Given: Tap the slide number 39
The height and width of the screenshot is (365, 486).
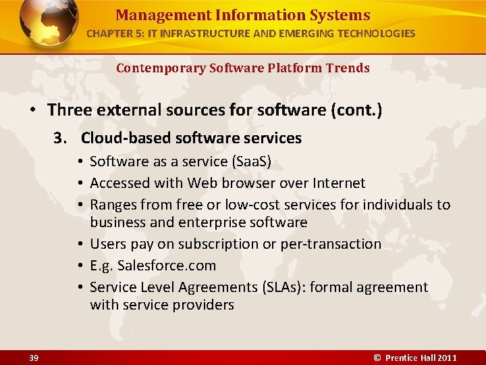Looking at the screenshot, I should pyautogui.click(x=34, y=358).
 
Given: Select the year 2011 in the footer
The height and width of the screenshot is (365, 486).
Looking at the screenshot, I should pyautogui.click(x=447, y=358).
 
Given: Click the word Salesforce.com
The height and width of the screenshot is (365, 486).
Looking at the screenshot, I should pyautogui.click(x=167, y=266).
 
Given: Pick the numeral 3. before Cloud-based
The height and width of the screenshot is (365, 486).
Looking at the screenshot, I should pyautogui.click(x=61, y=138).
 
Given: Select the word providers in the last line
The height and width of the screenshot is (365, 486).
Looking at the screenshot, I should pyautogui.click(x=202, y=305).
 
